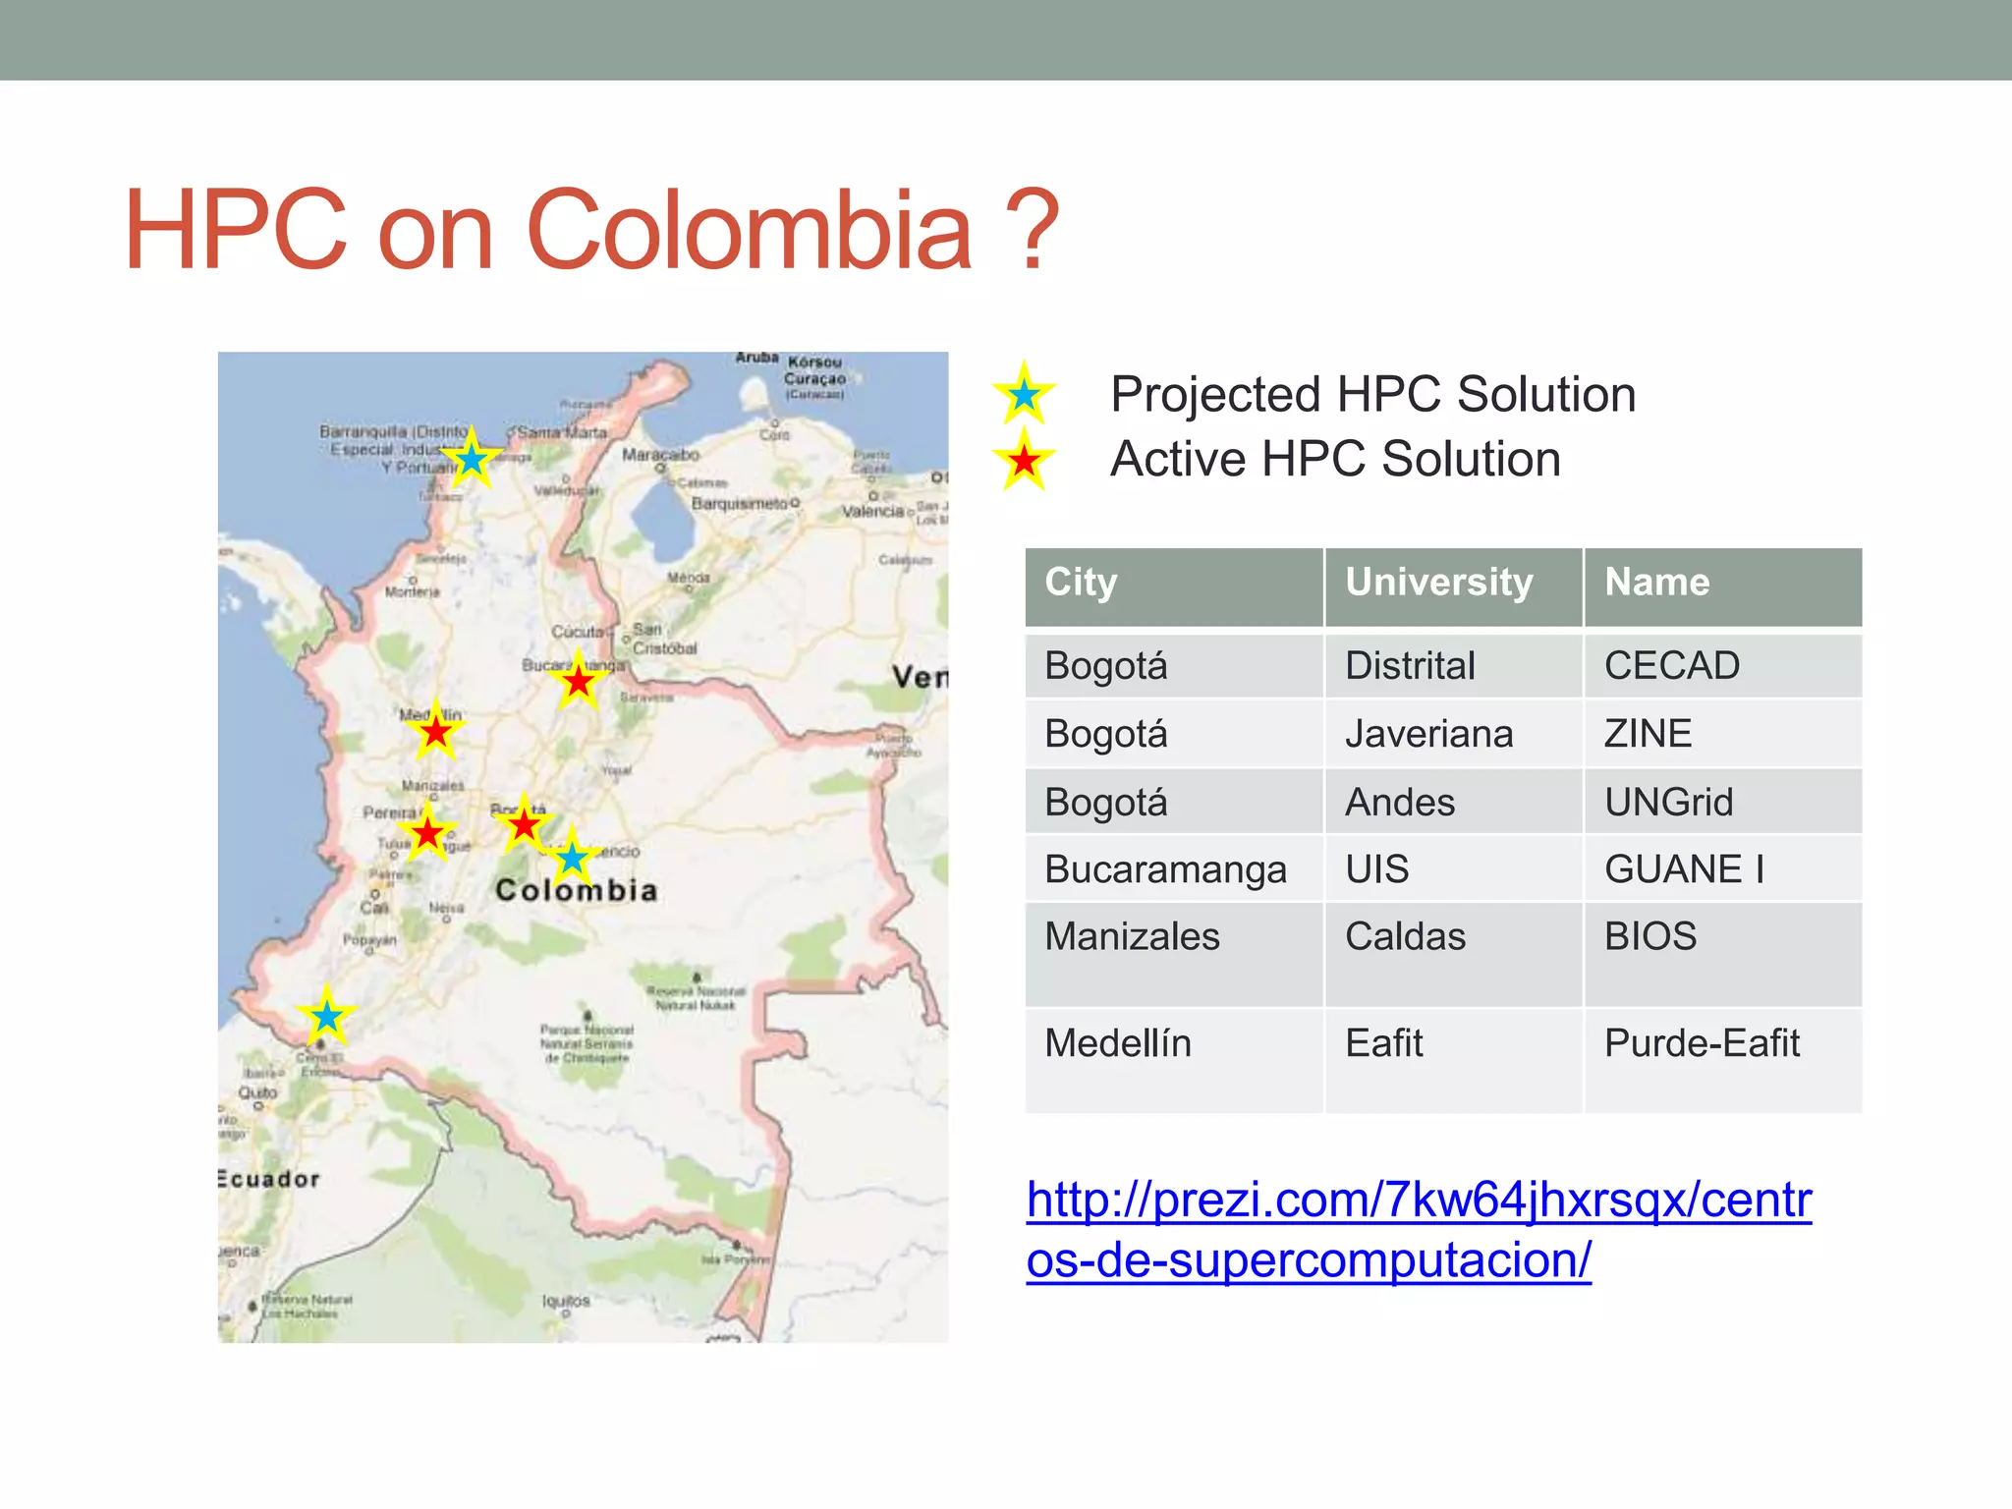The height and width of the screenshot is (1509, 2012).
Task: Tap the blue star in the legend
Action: pos(1024,395)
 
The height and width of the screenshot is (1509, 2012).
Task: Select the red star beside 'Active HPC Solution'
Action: pos(1024,459)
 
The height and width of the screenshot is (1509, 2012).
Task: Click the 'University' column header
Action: pos(1438,582)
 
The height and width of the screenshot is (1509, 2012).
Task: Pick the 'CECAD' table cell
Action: pos(1671,666)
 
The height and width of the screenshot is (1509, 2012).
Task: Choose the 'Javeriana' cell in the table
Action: pos(1428,734)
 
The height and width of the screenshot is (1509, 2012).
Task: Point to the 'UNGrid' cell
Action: pos(1668,802)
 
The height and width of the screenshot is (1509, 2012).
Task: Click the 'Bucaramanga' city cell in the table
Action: pos(1165,869)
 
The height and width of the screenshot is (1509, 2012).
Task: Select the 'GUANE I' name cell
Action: pos(1684,869)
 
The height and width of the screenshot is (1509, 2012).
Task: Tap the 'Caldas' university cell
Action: pos(1405,936)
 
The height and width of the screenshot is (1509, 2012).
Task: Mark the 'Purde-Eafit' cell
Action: pos(1702,1042)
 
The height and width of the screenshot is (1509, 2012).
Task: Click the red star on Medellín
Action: pos(435,732)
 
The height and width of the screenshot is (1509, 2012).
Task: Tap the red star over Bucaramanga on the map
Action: pos(579,681)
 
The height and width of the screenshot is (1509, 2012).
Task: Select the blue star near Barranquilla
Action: pos(472,459)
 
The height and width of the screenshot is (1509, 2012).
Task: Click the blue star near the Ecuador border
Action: pos(326,1016)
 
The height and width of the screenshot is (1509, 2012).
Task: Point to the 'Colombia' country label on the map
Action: pos(576,890)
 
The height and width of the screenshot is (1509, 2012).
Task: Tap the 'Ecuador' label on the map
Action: pos(270,1179)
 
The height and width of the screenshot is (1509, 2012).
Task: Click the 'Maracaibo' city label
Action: pos(660,455)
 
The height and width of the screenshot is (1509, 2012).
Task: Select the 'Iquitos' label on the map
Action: pos(566,1301)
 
